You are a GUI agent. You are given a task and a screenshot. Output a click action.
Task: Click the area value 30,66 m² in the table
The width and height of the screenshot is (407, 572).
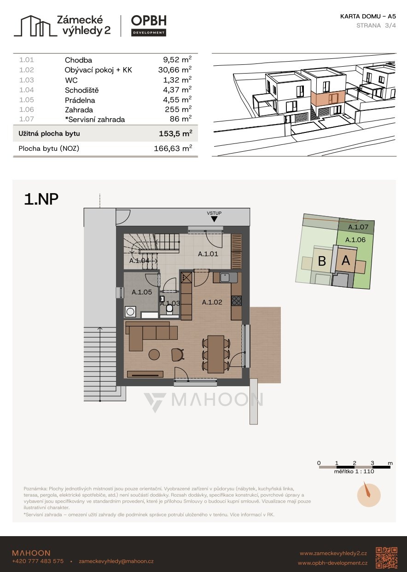(175, 69)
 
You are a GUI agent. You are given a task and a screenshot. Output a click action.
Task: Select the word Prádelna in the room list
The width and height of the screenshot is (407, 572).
(80, 100)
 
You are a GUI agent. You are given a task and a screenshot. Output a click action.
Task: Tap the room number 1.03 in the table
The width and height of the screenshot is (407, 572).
(27, 80)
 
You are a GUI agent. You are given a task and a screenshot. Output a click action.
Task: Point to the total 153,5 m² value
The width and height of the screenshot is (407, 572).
(175, 133)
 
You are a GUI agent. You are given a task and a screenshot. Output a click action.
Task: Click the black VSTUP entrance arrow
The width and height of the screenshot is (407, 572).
(214, 219)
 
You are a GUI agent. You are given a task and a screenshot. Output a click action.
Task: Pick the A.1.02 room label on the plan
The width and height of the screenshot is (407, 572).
(212, 302)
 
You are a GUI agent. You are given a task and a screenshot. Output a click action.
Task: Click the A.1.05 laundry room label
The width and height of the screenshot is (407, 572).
(142, 292)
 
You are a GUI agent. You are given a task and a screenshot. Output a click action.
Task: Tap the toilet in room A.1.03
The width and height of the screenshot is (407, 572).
(169, 309)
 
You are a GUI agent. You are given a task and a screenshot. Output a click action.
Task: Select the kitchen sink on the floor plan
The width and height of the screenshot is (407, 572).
(225, 278)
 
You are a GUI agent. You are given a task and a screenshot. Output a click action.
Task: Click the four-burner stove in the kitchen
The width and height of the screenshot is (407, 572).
(237, 301)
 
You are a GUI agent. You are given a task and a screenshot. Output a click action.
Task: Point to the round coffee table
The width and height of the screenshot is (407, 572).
(154, 355)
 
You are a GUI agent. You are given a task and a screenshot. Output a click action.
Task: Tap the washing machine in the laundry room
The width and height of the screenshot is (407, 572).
(130, 312)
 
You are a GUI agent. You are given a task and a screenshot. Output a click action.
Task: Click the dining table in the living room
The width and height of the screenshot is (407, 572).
(216, 354)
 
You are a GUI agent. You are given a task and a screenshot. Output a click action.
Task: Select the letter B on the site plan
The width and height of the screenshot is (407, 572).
(322, 261)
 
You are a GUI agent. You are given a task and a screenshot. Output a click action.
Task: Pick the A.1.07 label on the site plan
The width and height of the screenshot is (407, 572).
(358, 227)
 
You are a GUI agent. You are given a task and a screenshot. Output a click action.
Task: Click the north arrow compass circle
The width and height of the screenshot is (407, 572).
(369, 495)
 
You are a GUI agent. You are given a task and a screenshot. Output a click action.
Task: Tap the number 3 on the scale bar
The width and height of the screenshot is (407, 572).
(372, 463)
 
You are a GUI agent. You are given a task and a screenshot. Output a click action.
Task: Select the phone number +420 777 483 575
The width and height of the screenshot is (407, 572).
(38, 561)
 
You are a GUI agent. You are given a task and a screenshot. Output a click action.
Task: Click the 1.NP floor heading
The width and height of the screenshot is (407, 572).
(41, 199)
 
